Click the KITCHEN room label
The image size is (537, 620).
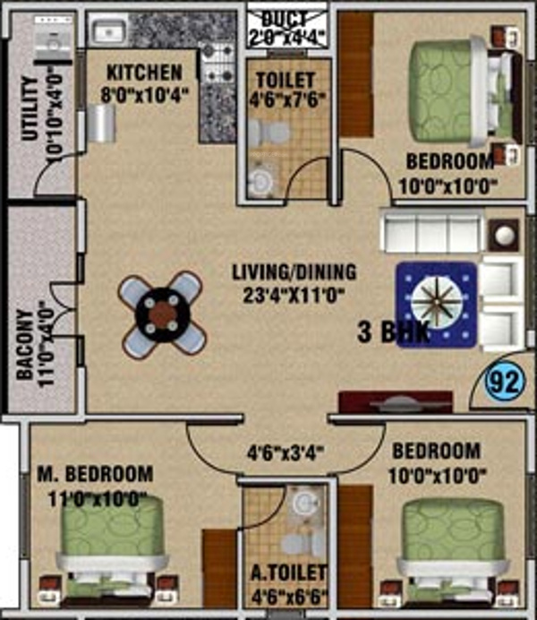coord(144,72)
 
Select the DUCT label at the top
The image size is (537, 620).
coord(287,16)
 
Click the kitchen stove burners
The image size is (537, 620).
coord(215,63)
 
